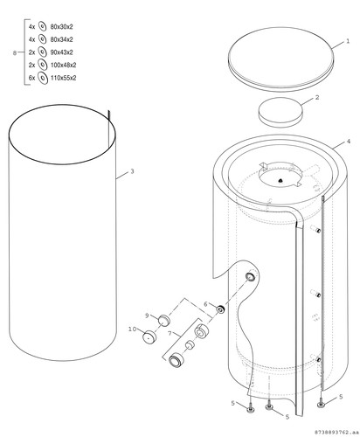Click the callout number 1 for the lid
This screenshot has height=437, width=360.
[x=348, y=41]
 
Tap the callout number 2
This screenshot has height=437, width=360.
[x=317, y=97]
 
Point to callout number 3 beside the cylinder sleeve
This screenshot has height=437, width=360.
[x=132, y=171]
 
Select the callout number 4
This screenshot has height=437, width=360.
[x=349, y=142]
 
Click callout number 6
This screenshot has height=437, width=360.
[x=205, y=304]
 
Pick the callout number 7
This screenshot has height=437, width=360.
[x=170, y=333]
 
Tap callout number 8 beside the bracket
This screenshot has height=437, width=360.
[x=15, y=53]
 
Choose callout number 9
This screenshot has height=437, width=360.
[x=147, y=316]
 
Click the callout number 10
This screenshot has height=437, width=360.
[x=133, y=329]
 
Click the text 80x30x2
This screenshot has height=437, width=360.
[x=61, y=27]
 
